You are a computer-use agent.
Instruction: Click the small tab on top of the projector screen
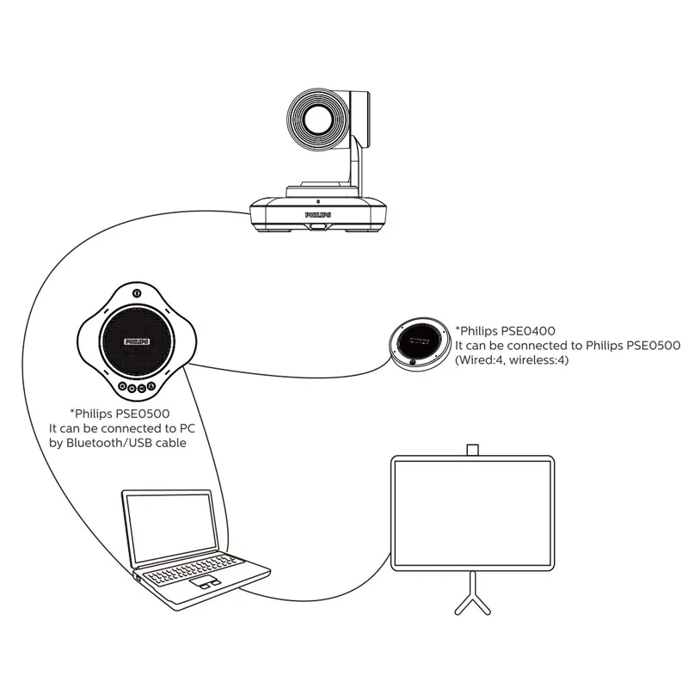(471, 450)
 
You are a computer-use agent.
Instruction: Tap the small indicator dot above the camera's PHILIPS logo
(319, 200)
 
